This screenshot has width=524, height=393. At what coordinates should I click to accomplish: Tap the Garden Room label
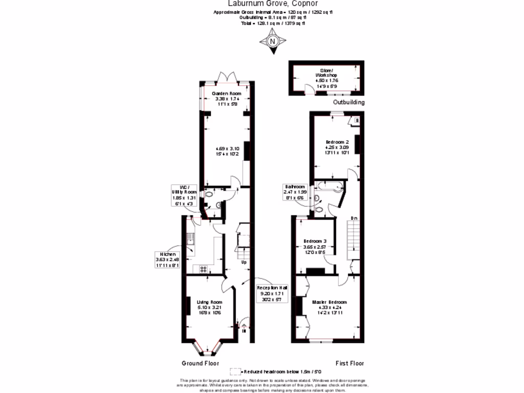(227, 94)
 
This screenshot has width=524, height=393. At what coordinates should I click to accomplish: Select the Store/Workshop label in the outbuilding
(326, 75)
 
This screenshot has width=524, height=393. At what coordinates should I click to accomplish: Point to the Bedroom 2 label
(337, 142)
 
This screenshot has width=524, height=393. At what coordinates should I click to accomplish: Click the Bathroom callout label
(294, 191)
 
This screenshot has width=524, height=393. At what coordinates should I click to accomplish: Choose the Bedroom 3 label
(315, 241)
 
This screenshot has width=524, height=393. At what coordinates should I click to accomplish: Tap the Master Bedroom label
(330, 302)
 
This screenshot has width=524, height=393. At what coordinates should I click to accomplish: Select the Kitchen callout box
(168, 259)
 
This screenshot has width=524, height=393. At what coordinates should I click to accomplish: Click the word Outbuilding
(349, 102)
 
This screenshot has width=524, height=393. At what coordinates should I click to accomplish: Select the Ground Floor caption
(200, 363)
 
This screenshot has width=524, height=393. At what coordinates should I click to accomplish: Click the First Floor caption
(350, 363)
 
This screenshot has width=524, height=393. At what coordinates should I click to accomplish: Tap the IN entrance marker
(244, 331)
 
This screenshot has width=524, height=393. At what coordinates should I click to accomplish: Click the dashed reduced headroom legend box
(235, 372)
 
